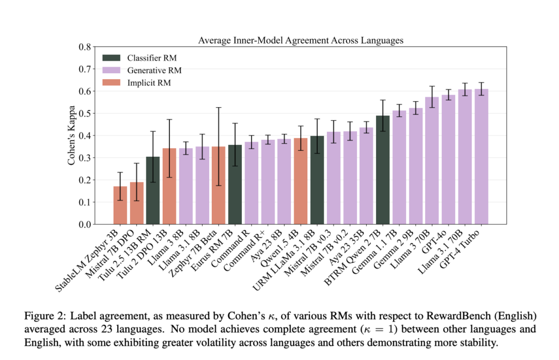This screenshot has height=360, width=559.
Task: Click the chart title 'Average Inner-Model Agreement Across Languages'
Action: pos(300,40)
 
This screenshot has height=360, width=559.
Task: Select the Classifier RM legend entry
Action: pos(151,57)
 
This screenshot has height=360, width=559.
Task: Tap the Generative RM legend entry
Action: pos(154,70)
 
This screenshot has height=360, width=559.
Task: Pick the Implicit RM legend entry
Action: pos(149,82)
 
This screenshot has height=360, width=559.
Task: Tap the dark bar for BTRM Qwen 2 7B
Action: pos(383,169)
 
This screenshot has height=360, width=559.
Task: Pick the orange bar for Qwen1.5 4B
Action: pos(301,181)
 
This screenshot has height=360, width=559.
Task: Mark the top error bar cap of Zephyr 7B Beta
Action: pos(218,108)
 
